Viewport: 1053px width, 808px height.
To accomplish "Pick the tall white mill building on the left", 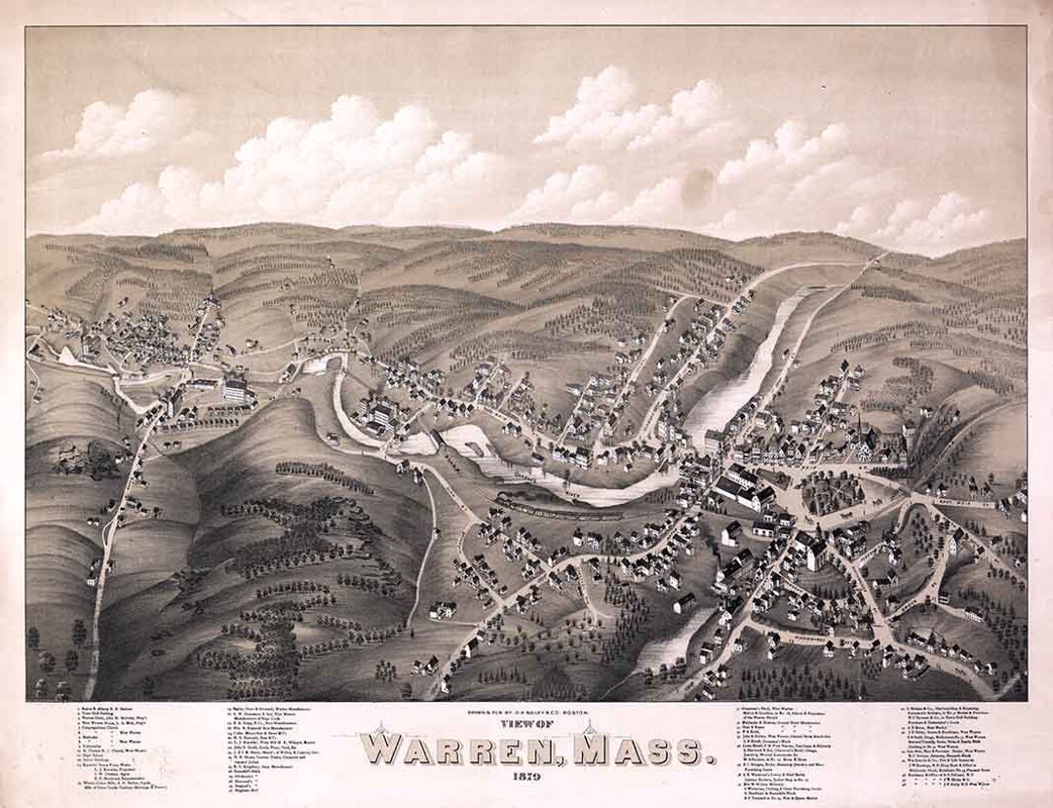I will tap(236, 390).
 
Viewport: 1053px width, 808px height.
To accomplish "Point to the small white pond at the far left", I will tap(68, 357).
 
